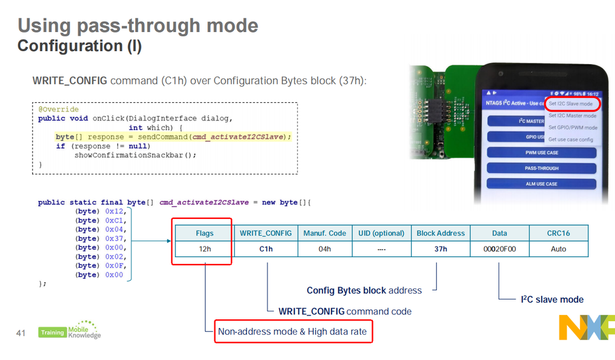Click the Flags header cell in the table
[204, 233]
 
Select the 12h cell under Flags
[204, 249]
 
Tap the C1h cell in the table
[265, 249]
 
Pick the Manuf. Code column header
[325, 233]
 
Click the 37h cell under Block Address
[440, 249]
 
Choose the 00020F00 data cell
[499, 249]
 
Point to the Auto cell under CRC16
[558, 249]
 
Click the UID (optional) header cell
[381, 233]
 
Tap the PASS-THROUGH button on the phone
[541, 168]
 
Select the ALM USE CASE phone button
[541, 184]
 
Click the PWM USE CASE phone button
[541, 152]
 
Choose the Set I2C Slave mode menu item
[570, 104]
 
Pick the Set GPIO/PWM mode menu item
[572, 128]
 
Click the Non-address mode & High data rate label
[292, 332]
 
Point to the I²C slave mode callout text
[552, 300]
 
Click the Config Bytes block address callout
[364, 290]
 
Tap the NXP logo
[586, 327]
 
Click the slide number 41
[20, 333]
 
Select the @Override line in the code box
[58, 110]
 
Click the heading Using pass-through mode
[138, 25]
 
